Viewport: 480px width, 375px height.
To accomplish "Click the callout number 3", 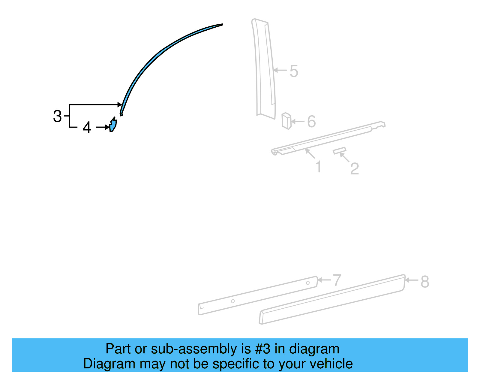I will coord(57,116).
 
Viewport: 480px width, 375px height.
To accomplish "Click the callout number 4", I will coord(87,128).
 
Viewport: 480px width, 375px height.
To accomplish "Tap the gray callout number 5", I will coord(294,71).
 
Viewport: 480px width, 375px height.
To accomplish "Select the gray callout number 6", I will coord(311,122).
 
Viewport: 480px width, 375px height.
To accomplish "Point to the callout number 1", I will coord(318,167).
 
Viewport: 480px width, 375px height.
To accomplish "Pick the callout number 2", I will coord(354,168).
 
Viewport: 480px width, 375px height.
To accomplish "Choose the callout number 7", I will coord(337,280).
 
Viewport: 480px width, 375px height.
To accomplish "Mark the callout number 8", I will coord(425,282).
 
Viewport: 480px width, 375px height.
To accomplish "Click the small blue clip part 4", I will coord(113,125).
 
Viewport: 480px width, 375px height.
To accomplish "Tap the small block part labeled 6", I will coord(286,121).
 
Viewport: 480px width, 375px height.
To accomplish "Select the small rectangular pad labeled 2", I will coord(339,150).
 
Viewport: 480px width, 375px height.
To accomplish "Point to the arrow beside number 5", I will coord(280,70).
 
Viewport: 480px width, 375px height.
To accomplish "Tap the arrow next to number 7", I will coord(324,280).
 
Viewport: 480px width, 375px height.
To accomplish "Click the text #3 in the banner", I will coord(263,349).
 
